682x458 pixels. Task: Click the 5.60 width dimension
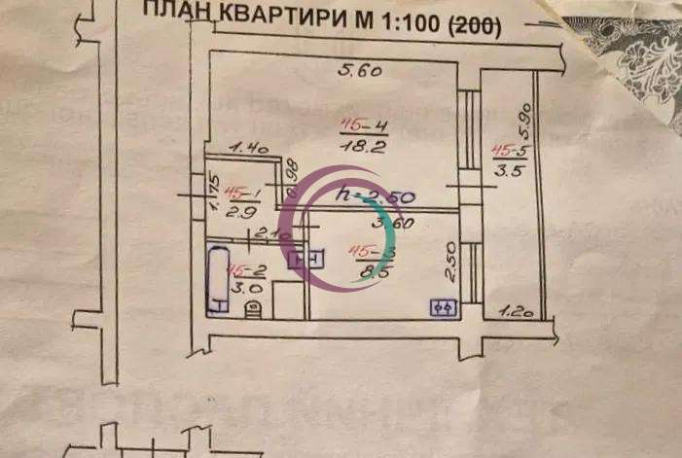359,70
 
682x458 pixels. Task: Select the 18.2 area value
359,145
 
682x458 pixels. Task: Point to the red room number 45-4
359,123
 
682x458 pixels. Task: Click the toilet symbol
255,308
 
